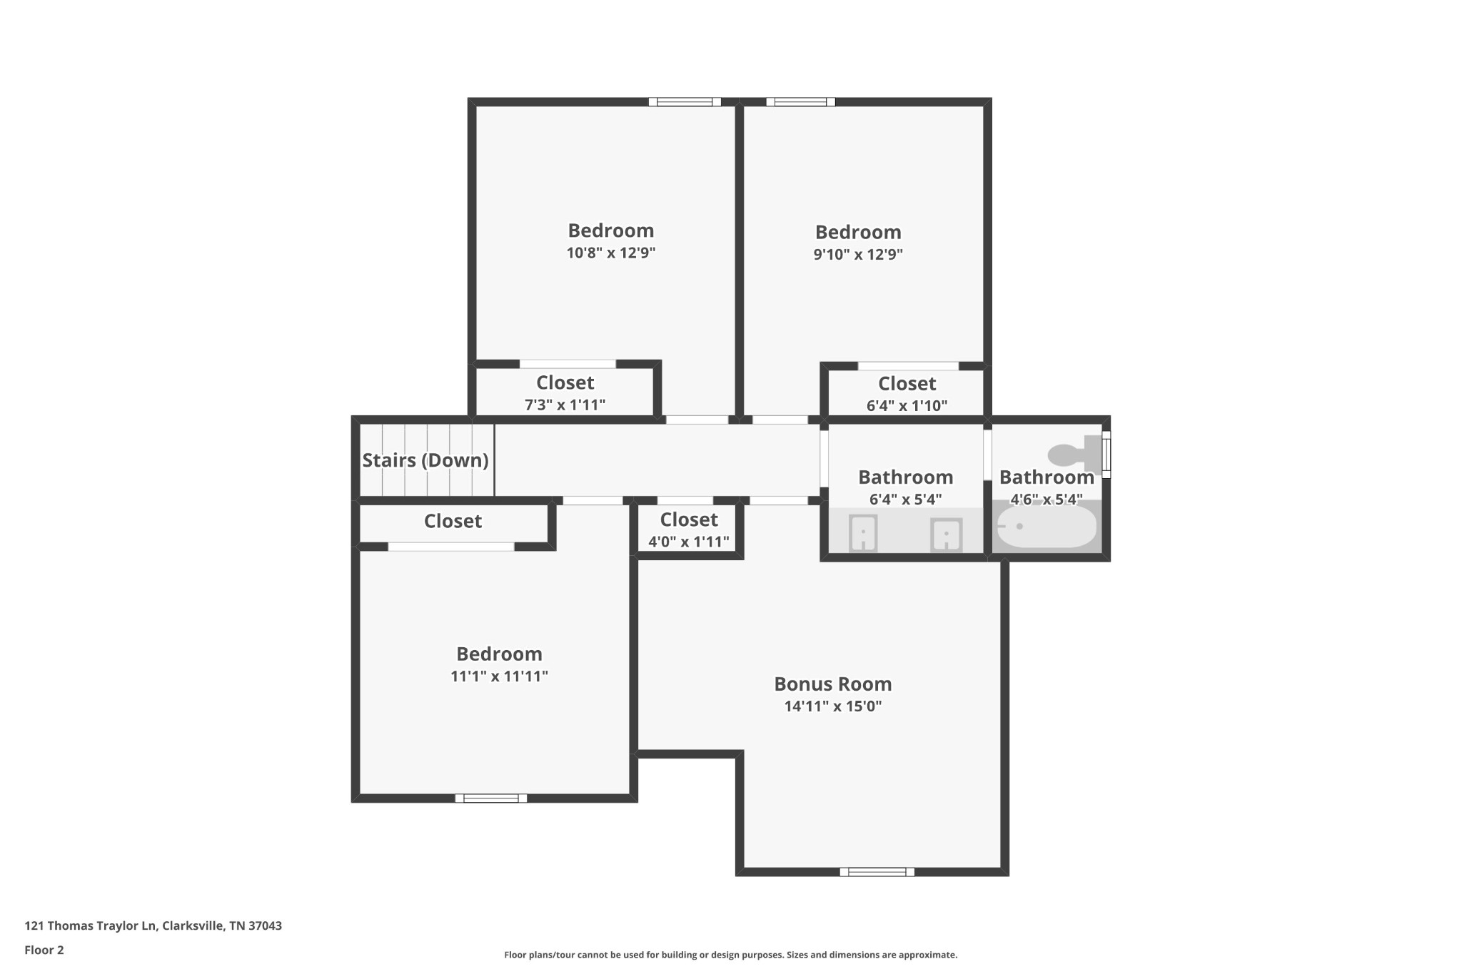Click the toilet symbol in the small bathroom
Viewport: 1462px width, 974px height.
tap(1074, 454)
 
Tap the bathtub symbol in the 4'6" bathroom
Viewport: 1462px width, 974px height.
tap(1046, 527)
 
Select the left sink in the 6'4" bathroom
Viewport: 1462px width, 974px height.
tap(863, 533)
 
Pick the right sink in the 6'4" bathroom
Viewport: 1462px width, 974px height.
tap(946, 534)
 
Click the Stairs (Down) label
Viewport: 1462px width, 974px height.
tap(425, 460)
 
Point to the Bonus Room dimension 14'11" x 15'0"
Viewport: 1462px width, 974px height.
tap(833, 706)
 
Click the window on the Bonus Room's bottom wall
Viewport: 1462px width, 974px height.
tap(877, 871)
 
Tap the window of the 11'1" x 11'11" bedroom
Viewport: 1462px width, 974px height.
tap(491, 798)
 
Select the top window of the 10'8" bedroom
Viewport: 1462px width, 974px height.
tap(685, 102)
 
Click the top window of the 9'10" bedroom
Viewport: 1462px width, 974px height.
tap(800, 102)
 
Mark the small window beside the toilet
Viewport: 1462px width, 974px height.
tap(1106, 454)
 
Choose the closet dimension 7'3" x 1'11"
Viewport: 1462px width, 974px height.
tap(565, 405)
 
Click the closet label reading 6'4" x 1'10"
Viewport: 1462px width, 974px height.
tap(907, 405)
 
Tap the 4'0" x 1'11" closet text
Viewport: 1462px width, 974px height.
tap(689, 542)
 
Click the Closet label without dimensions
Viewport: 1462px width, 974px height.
tap(453, 521)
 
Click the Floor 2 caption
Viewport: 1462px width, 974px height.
tap(44, 950)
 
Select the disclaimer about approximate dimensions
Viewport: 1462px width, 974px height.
tap(730, 955)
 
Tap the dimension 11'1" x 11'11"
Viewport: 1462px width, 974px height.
tap(499, 676)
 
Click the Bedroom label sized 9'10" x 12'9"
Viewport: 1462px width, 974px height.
tap(858, 232)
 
